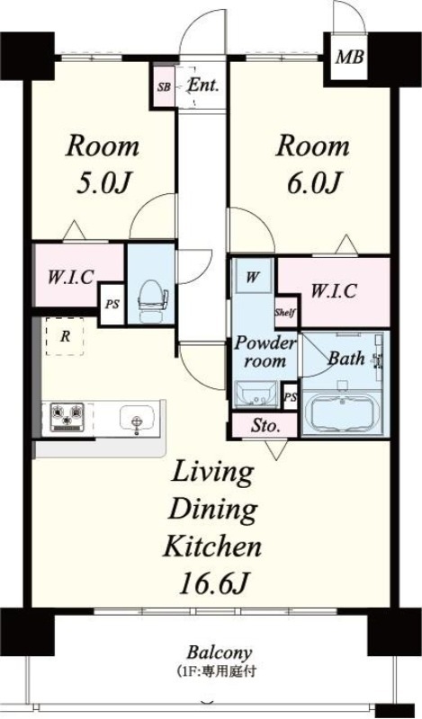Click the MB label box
click(x=350, y=58)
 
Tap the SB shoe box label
click(x=164, y=86)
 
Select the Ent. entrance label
click(x=204, y=85)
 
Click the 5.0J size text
click(x=104, y=183)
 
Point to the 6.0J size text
click(x=315, y=182)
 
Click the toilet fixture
click(x=150, y=300)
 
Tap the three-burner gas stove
click(x=67, y=417)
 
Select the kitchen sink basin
click(x=136, y=418)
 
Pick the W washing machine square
click(x=252, y=278)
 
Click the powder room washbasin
click(x=256, y=394)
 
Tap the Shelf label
click(x=285, y=312)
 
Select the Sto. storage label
click(x=265, y=426)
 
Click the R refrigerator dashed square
click(x=65, y=336)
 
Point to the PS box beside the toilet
click(x=112, y=304)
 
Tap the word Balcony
click(x=220, y=652)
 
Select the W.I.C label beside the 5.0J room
click(x=71, y=278)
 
